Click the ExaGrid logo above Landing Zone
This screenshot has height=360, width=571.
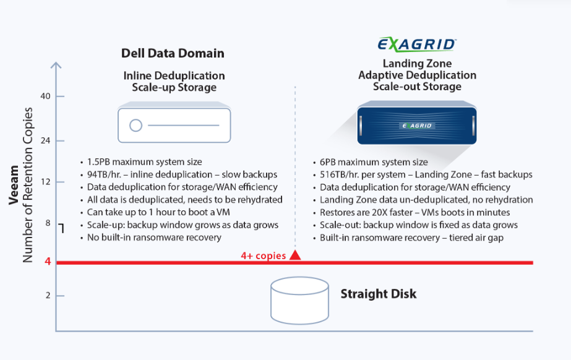pos(417,45)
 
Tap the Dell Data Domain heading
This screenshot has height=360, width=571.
pos(173,53)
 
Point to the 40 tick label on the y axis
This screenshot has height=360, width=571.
pos(45,96)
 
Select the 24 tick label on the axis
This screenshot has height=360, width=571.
pos(45,140)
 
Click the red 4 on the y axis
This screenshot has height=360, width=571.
pos(48,262)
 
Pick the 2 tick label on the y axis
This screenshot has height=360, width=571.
pos(48,296)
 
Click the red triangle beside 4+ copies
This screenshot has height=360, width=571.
pos(295,255)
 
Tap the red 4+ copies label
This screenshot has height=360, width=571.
pos(264,255)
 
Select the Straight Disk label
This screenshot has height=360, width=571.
pos(379,294)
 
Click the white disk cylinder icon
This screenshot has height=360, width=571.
pos(299,301)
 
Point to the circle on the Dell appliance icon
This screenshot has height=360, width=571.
pos(136,125)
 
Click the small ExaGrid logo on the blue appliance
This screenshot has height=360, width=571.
pos(416,126)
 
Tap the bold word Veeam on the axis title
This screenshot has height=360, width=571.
pos(14,185)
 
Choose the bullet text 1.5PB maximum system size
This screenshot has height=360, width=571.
pos(145,162)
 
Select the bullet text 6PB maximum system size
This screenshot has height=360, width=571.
pos(374,162)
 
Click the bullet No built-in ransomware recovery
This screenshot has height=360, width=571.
pos(154,238)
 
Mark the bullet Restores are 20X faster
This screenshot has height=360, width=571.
pos(414,212)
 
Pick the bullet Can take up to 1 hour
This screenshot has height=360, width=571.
pos(158,212)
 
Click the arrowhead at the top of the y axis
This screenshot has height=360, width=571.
pos(56,65)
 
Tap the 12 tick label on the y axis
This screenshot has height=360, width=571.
pos(46,182)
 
